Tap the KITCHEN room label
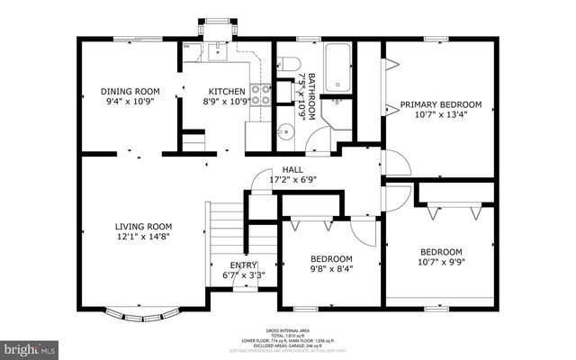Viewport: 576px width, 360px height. [227, 91]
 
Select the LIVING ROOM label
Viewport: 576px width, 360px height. [142, 226]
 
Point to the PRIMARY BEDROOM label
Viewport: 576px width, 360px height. [441, 104]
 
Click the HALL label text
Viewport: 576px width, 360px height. [293, 169]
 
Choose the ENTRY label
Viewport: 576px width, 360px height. [243, 265]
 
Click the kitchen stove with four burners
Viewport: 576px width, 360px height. [260, 94]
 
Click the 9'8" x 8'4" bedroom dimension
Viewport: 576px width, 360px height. [332, 267]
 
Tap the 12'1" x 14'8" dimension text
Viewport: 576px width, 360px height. [142, 237]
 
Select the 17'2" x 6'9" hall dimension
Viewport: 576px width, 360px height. [293, 179]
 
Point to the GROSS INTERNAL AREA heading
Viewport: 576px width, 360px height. [288, 331]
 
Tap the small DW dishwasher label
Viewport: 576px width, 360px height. [186, 46]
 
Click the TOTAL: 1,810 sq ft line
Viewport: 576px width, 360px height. [288, 336]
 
